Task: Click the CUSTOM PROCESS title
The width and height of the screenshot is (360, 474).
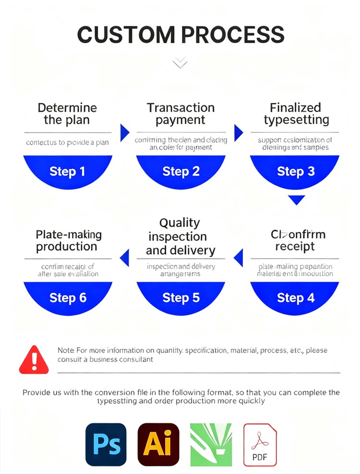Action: (x=180, y=35)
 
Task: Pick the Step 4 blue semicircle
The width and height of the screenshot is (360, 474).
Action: (x=295, y=297)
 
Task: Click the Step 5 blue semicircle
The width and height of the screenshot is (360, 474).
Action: (x=181, y=297)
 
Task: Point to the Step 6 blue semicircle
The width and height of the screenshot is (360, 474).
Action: (x=68, y=297)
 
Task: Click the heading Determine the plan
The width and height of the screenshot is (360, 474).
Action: (x=67, y=114)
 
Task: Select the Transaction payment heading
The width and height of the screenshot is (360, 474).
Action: (x=180, y=114)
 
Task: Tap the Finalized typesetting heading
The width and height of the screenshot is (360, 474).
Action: (x=296, y=114)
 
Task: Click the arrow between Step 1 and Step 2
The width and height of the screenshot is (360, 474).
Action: (x=124, y=132)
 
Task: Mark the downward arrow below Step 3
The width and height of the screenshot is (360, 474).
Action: (x=297, y=200)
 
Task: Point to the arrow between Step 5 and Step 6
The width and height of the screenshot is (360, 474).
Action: (x=125, y=258)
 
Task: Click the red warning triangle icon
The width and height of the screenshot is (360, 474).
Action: (x=34, y=360)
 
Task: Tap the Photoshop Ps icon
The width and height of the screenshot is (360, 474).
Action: (x=106, y=444)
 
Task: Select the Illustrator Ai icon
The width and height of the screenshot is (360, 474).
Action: (x=158, y=444)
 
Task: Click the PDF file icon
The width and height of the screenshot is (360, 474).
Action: (x=260, y=444)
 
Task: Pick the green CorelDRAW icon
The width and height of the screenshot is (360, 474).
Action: (x=211, y=444)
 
